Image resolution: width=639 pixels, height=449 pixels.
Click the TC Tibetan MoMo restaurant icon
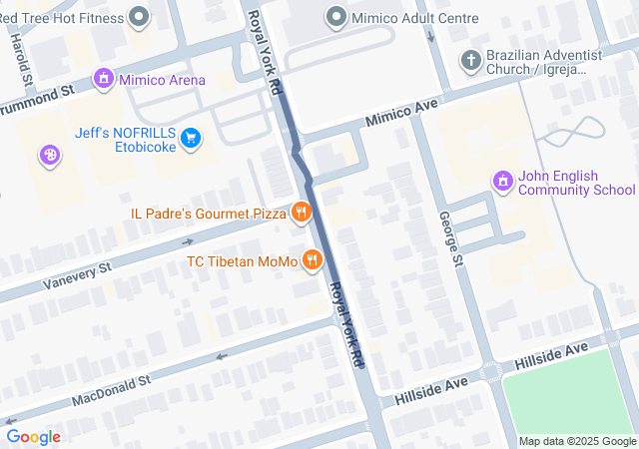pyautogui.click(x=313, y=260)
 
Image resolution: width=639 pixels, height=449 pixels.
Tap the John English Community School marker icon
pyautogui.click(x=502, y=181)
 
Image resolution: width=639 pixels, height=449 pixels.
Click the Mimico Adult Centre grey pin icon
pyautogui.click(x=336, y=17)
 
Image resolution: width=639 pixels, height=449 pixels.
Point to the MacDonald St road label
pyautogui.click(x=110, y=390)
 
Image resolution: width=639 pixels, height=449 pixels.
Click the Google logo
pyautogui.click(x=33, y=436)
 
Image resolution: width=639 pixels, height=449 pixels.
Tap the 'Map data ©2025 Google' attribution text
pyautogui.click(x=576, y=441)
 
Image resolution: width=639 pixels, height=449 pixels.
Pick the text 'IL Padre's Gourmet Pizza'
pyautogui.click(x=208, y=213)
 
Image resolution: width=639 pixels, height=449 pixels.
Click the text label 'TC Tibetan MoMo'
pyautogui.click(x=243, y=261)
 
